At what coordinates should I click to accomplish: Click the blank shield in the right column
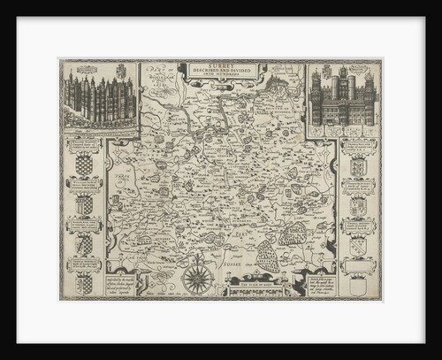[x=358, y=285]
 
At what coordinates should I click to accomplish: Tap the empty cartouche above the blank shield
[x=358, y=264]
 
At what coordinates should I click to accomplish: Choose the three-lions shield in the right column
[x=358, y=167]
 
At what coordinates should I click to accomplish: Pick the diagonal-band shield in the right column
[x=358, y=206]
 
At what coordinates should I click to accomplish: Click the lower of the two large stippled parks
[x=271, y=257]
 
